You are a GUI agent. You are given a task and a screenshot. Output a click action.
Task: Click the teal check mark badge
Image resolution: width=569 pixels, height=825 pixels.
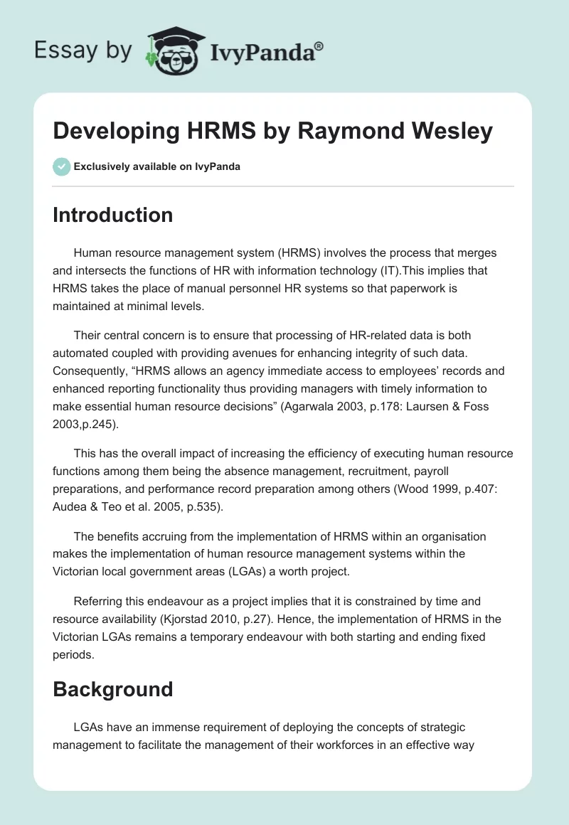pyautogui.click(x=61, y=166)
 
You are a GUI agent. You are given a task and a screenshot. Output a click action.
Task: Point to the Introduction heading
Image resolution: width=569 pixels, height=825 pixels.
pyautogui.click(x=112, y=215)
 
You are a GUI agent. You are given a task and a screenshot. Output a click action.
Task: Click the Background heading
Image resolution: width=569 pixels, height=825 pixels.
pyautogui.click(x=112, y=689)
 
